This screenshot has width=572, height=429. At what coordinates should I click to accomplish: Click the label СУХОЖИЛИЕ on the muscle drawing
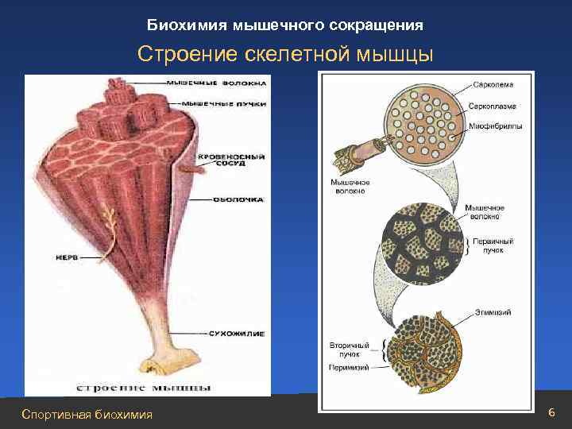coord(238,334)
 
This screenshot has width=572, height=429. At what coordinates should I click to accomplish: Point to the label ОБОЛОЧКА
coord(238,200)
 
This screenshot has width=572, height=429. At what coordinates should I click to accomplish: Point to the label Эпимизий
coord(495,312)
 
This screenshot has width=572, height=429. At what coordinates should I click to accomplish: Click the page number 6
coord(552,412)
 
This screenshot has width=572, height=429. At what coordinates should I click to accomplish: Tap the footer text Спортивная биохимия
coord(87,414)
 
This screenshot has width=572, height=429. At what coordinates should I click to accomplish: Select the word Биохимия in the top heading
coord(187,25)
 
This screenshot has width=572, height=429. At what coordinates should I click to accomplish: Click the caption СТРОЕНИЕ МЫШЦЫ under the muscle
coord(143,387)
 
